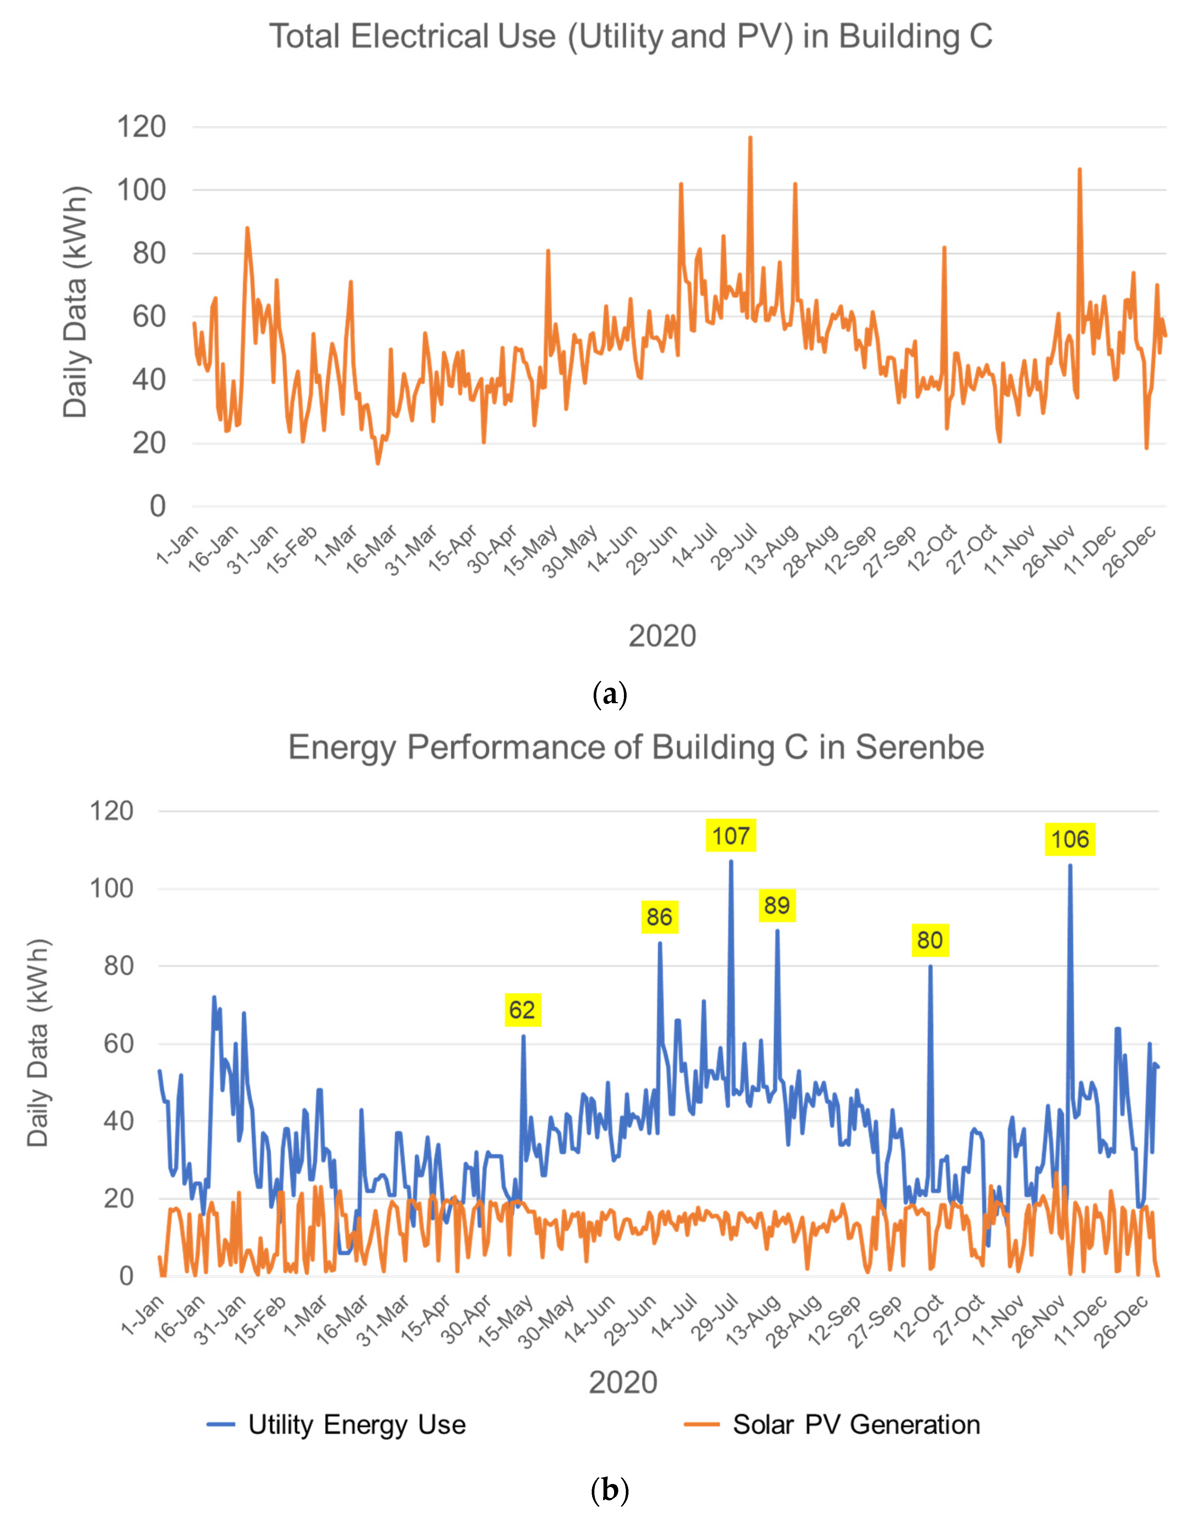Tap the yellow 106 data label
tap(1069, 839)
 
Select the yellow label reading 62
tap(522, 1010)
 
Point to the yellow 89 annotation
tap(776, 905)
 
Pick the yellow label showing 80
tap(929, 940)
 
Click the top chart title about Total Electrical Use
tap(630, 36)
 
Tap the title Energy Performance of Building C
tap(635, 747)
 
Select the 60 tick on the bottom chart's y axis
tap(118, 1043)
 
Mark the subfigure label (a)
tap(609, 695)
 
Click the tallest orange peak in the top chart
tap(750, 138)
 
